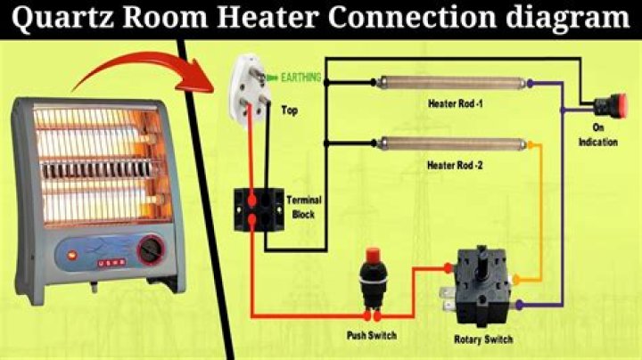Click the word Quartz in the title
pos(63,19)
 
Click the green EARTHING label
pos(301,78)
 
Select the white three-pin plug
pos(250,91)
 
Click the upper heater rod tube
pos(451,83)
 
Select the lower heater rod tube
pos(451,143)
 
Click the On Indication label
pos(598,135)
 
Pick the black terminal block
pos(259,209)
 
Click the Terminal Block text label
pos(304,207)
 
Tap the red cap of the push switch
pos(372,255)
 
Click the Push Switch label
pos(372,335)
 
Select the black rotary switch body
pos(481,285)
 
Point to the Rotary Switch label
pos(483,340)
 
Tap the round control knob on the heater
pos(151,250)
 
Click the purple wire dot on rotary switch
pos(519,305)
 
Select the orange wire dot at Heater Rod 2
pos(531,145)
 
